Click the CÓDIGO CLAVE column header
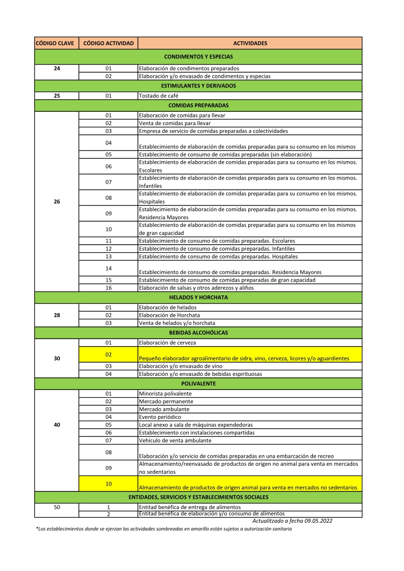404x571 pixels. [56, 43]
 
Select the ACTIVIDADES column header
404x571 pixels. [250, 43]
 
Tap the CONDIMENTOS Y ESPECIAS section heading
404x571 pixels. [198, 57]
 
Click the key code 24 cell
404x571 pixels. [56, 68]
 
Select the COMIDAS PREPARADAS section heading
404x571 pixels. [198, 106]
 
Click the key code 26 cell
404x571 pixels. [56, 201]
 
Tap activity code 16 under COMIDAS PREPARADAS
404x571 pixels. [108, 288]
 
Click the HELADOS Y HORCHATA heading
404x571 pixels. [198, 297]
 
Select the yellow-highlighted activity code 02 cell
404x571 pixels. [108, 354]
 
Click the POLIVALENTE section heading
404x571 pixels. [198, 383]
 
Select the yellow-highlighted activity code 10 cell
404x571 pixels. [108, 484]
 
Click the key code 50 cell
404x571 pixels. [56, 507]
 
